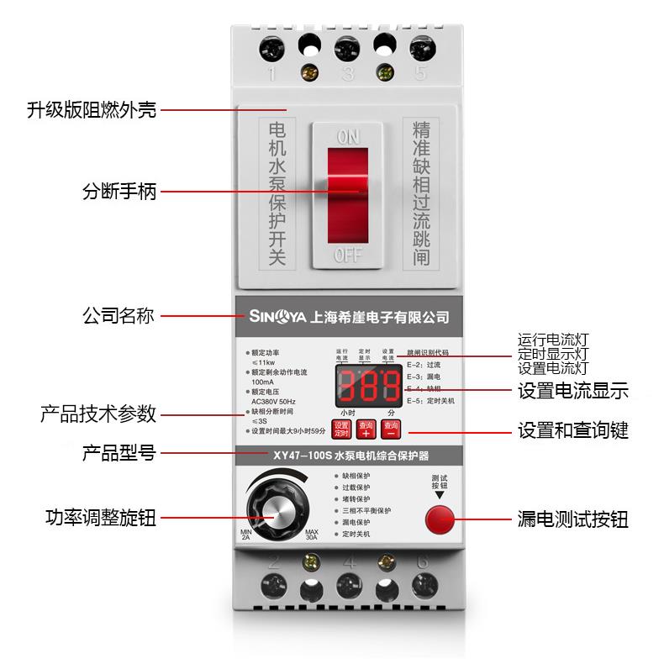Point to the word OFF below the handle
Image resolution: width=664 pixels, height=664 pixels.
click(347, 256)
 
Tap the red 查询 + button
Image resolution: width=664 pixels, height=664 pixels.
click(366, 429)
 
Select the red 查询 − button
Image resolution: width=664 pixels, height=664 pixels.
click(391, 429)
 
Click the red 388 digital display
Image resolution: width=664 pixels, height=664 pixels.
click(367, 387)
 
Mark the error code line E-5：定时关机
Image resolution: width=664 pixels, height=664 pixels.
click(430, 402)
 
